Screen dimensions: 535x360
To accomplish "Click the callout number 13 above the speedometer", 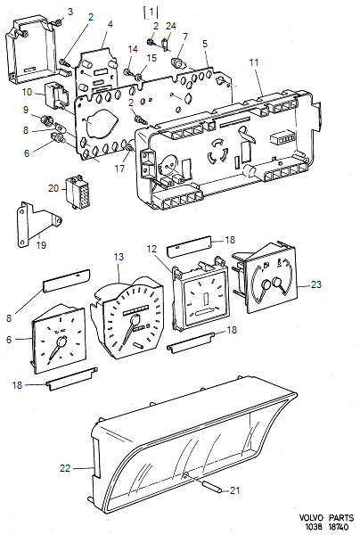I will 119,258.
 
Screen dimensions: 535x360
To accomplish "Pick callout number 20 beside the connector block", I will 53,188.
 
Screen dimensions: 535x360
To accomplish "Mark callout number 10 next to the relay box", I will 27,92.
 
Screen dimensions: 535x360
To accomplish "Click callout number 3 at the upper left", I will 70,11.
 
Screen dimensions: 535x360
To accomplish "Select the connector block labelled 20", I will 76,190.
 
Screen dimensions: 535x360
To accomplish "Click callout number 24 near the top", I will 170,26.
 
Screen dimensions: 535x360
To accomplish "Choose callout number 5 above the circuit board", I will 205,43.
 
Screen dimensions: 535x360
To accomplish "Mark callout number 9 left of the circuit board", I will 27,110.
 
